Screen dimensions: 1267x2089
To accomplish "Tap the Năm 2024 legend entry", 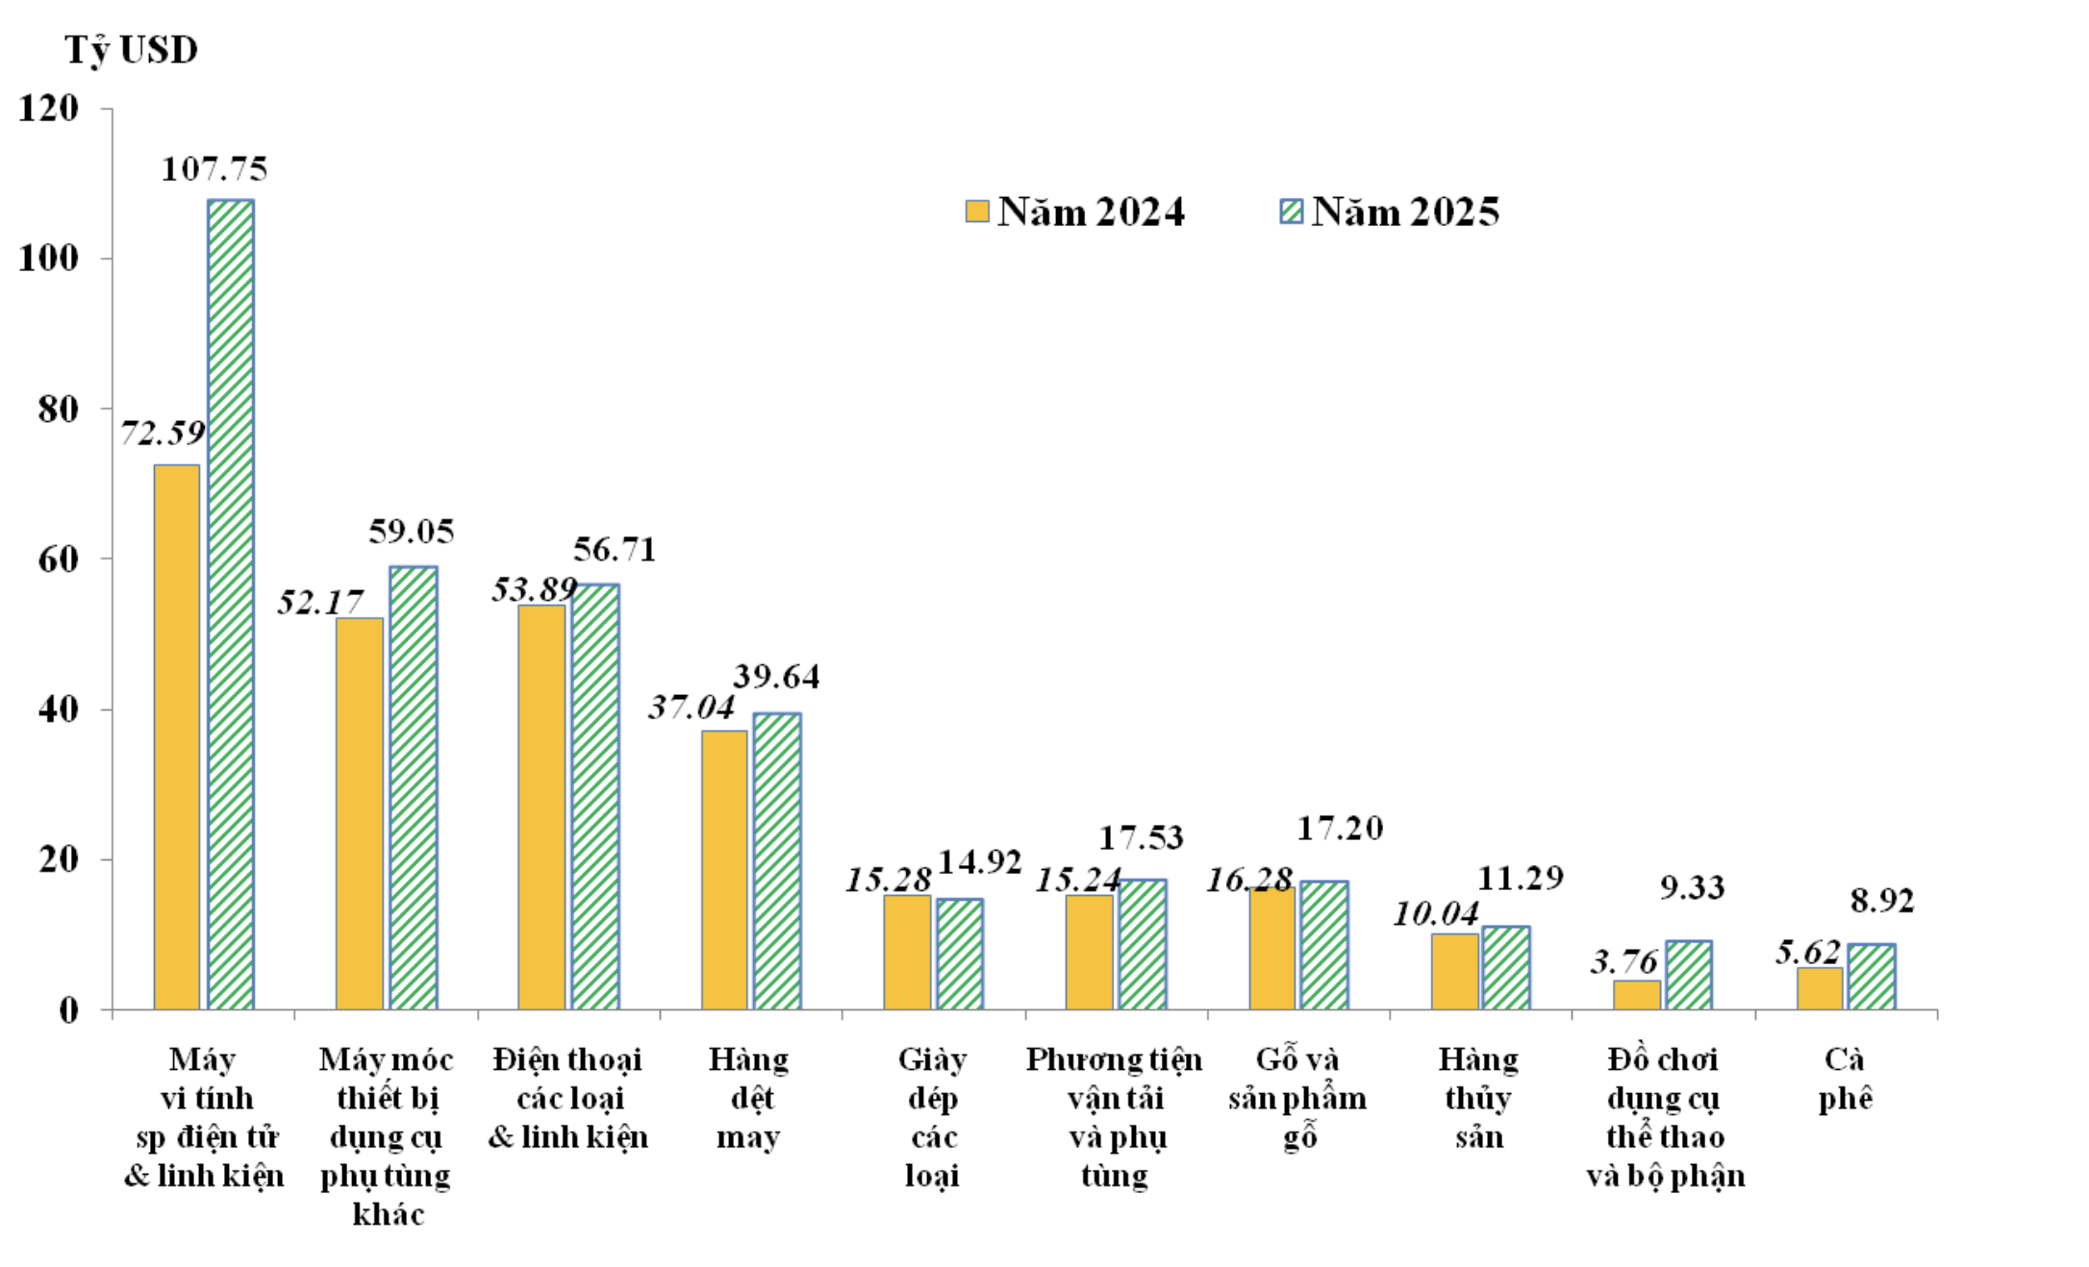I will pyautogui.click(x=1075, y=211).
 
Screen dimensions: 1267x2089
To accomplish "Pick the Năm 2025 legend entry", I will pyautogui.click(x=1390, y=211).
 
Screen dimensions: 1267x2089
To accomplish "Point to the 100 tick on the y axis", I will pyautogui.click(x=48, y=259).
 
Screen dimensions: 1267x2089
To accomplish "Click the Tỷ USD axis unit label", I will pyautogui.click(x=131, y=50).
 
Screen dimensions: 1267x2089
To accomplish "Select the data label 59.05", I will pyautogui.click(x=411, y=532).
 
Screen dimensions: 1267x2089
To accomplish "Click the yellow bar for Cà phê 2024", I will pyautogui.click(x=1820, y=988).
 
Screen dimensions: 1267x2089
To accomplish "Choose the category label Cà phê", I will pyautogui.click(x=1845, y=1079).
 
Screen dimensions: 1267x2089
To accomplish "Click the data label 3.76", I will pyautogui.click(x=1623, y=961).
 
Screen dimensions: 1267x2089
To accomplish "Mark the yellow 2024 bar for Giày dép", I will pyautogui.click(x=907, y=952).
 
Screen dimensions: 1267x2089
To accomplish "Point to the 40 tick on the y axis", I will pyautogui.click(x=58, y=710).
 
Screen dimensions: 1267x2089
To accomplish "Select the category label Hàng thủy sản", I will pyautogui.click(x=1478, y=1098).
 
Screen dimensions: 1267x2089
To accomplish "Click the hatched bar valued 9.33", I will pyautogui.click(x=1689, y=975).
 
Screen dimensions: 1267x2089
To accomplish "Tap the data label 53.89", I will pyautogui.click(x=534, y=589).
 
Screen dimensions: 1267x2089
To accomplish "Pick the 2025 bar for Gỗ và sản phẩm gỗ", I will pyautogui.click(x=1324, y=945).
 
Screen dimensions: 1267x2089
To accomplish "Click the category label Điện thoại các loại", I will pyautogui.click(x=567, y=1098).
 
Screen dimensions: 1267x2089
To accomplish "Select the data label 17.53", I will pyautogui.click(x=1141, y=838).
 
